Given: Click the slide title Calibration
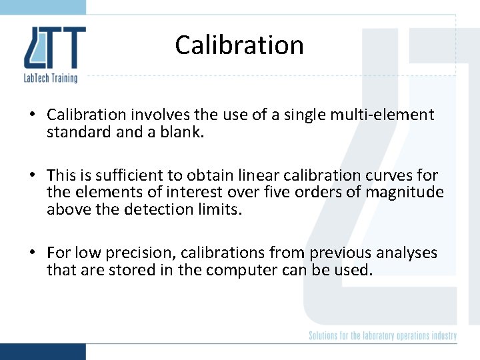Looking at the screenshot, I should tap(239, 45).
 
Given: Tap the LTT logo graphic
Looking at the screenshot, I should tap(55, 48).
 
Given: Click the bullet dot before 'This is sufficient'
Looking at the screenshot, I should tap(31, 176).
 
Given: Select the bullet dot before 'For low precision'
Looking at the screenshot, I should tap(31, 253).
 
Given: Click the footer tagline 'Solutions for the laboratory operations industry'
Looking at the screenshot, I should tap(382, 335).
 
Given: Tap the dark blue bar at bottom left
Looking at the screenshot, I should tap(43, 351).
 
